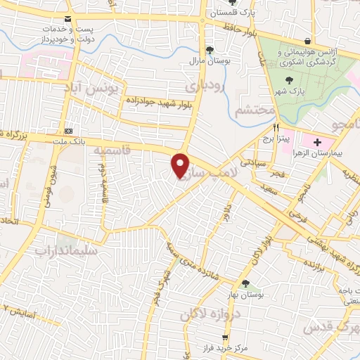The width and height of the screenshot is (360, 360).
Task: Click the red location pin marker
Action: point(181,165)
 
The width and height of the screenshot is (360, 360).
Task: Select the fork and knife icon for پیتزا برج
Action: point(276,128)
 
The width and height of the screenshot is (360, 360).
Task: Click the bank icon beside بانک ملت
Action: point(68,130)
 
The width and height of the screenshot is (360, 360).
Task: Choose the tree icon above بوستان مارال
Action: point(209,49)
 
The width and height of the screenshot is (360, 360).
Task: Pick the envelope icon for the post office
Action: point(67,18)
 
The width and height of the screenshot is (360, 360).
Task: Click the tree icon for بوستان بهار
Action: point(245,283)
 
